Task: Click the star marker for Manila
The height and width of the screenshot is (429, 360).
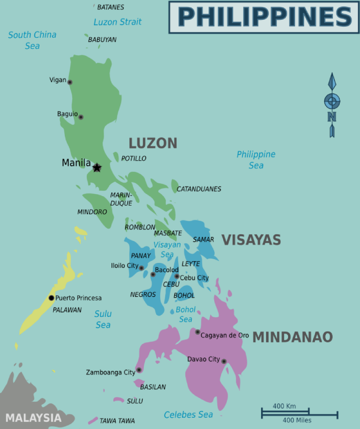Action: click(x=97, y=168)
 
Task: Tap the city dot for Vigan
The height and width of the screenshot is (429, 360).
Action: click(x=70, y=82)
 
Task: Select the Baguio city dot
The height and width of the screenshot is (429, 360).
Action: click(x=81, y=117)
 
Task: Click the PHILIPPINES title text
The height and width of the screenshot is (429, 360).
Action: click(x=265, y=17)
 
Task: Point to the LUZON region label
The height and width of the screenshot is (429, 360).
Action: click(x=153, y=143)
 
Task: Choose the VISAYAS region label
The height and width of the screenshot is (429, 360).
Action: click(x=251, y=240)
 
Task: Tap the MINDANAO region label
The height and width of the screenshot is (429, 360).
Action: click(x=292, y=337)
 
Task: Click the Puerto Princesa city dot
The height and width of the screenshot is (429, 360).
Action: click(x=51, y=298)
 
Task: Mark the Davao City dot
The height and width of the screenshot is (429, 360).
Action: click(x=224, y=361)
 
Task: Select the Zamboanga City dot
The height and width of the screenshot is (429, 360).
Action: click(x=139, y=370)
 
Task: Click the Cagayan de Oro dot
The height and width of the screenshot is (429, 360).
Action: click(x=198, y=332)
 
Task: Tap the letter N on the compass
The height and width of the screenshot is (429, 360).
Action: click(x=332, y=117)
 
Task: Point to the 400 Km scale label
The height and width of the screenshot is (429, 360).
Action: click(x=284, y=406)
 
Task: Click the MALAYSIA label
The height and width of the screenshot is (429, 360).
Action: click(x=33, y=417)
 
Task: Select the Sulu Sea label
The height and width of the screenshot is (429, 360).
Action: click(x=103, y=319)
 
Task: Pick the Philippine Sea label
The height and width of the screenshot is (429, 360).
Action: click(x=256, y=160)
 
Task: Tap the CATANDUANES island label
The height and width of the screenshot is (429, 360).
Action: click(x=199, y=189)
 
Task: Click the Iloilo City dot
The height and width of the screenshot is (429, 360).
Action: click(x=141, y=268)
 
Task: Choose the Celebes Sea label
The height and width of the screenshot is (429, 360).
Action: click(x=188, y=415)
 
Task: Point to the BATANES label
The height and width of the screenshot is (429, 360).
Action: click(x=110, y=7)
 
